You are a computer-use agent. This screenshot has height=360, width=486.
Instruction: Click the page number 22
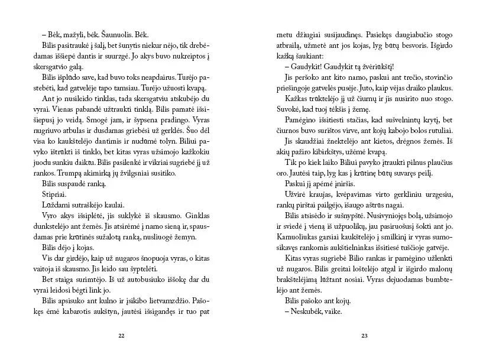121,336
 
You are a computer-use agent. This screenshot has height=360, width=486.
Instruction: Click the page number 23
364,336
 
